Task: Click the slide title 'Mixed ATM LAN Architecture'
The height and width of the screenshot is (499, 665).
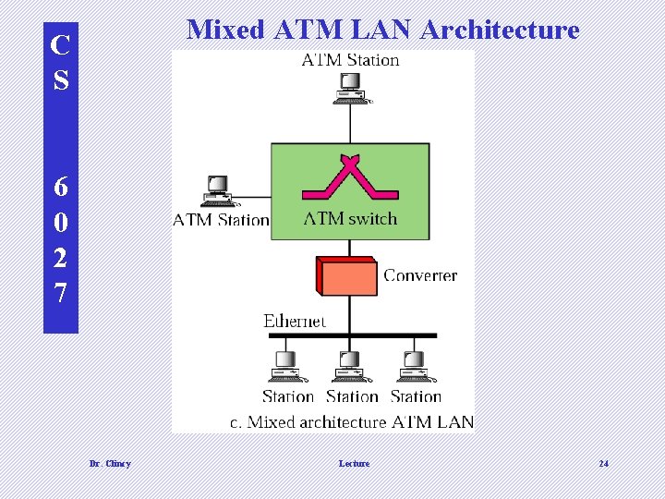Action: point(382,30)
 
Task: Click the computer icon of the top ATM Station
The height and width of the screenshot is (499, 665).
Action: point(350,87)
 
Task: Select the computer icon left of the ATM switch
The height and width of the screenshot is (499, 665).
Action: point(218,191)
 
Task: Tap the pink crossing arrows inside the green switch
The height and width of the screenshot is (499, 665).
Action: point(350,178)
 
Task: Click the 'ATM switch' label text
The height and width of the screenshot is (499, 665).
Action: point(350,219)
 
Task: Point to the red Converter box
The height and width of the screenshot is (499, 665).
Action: point(348,275)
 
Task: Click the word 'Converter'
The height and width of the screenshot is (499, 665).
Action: point(420,275)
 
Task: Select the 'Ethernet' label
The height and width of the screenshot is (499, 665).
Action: point(295,321)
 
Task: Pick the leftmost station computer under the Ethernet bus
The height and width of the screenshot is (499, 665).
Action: point(285,366)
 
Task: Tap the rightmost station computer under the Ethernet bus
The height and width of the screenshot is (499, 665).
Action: point(412,366)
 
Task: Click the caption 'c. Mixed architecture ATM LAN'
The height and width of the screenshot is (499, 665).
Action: point(352,422)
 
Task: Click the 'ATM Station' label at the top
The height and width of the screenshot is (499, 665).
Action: point(351,60)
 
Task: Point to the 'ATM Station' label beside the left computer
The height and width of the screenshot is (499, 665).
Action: point(221,220)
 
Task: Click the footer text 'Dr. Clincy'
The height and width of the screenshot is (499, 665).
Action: point(110,463)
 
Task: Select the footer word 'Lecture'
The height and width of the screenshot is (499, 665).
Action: point(354,463)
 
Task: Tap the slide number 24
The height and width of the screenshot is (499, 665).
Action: point(603,463)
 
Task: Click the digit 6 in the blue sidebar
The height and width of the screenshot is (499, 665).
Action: point(61,187)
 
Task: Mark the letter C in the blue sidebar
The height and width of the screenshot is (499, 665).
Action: point(61,43)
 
